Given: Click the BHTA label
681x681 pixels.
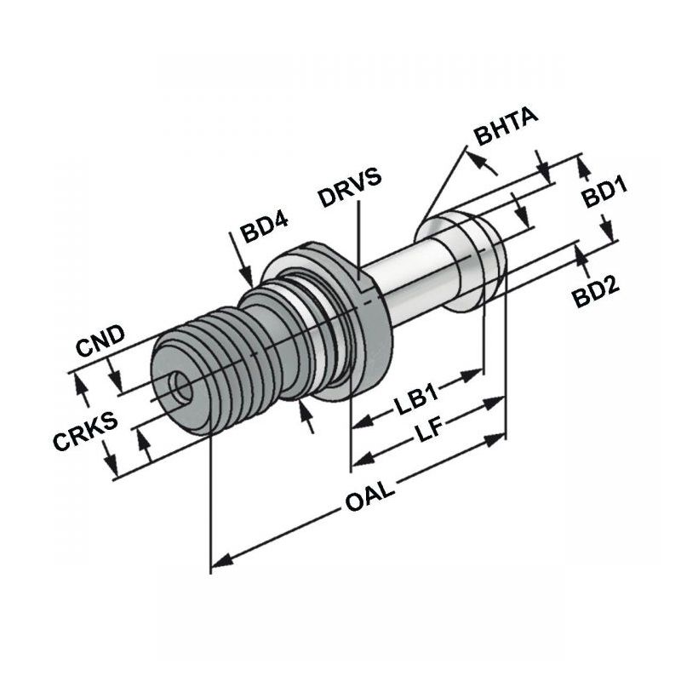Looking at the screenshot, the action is tap(506, 126).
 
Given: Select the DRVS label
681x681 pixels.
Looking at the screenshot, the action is tap(350, 187).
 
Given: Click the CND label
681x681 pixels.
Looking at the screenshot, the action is tap(100, 340).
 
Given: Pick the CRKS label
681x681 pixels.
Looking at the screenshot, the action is tap(85, 431).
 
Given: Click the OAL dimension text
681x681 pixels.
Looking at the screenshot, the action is tap(370, 497).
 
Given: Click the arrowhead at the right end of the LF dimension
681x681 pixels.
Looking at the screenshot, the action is tap(495, 439).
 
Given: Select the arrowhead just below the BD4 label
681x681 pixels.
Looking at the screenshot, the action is tap(248, 278).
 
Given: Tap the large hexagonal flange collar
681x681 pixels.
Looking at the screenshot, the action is tap(330, 321).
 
